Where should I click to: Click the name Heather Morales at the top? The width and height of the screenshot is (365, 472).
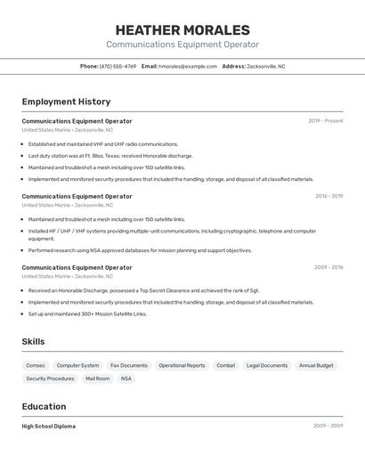[x=182, y=29]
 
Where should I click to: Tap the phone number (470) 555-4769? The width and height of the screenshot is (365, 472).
[x=118, y=66]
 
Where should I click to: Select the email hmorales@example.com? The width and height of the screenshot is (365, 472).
[x=188, y=66]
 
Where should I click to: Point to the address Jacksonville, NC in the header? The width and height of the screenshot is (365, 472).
[x=265, y=66]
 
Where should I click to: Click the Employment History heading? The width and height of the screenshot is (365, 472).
[x=66, y=102]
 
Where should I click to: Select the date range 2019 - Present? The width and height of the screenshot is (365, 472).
[x=326, y=121]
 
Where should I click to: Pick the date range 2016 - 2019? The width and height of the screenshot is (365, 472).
[x=328, y=196]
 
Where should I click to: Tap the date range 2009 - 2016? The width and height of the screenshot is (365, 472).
[x=328, y=267]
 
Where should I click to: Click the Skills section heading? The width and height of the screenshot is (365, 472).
[x=33, y=341]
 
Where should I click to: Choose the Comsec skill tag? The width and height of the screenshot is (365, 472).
[x=36, y=365]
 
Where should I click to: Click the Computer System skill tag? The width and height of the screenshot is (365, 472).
[x=77, y=365]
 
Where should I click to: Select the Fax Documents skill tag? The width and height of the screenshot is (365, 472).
[x=129, y=365]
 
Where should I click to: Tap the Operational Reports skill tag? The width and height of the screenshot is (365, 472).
[x=182, y=365]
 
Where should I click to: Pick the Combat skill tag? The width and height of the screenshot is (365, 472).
[x=226, y=365]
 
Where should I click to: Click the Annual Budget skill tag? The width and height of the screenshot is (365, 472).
[x=316, y=365]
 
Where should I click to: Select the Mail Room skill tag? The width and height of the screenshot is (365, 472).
[x=97, y=378]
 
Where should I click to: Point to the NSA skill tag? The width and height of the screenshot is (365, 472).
[x=126, y=378]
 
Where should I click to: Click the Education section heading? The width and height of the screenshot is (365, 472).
[x=45, y=406]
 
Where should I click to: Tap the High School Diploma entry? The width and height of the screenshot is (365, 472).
[x=49, y=427]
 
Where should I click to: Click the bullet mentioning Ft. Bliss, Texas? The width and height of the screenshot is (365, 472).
[x=110, y=156]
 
